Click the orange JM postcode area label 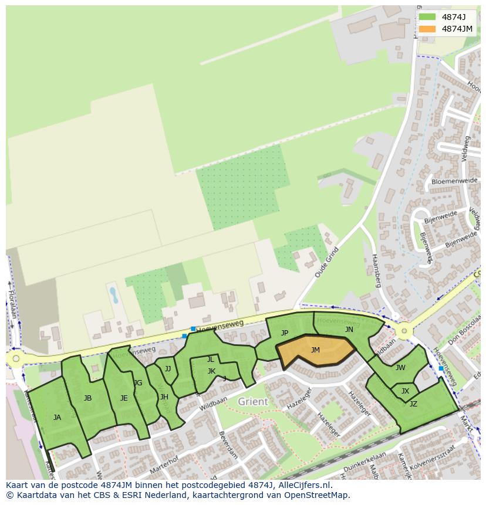pos(315,350)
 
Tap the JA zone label pos(57,418)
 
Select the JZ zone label pos(413,404)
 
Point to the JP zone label pos(285,333)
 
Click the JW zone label pos(400,368)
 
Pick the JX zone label pos(405,391)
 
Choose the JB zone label pos(87,398)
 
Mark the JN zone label pos(349,330)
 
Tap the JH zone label pos(164,397)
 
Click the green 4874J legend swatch pos(427,17)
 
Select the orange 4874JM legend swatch pos(427,29)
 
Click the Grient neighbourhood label pos(253,402)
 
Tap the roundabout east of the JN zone pos(403,331)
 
